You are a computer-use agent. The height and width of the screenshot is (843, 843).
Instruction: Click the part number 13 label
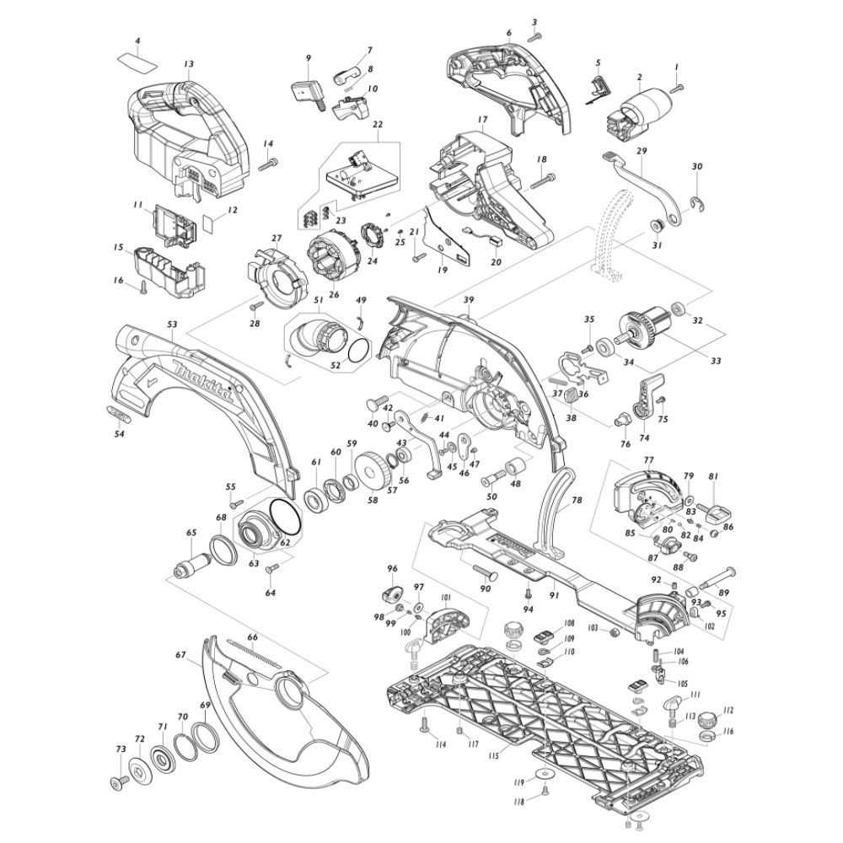[188, 64]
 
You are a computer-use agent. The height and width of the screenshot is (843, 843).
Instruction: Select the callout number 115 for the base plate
[494, 756]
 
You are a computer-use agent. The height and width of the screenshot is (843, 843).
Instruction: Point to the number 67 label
[180, 654]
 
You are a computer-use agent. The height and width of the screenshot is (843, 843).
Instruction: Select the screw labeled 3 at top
[533, 36]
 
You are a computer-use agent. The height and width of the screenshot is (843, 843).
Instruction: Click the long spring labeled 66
[254, 652]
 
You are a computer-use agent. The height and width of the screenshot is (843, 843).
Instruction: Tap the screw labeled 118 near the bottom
[545, 790]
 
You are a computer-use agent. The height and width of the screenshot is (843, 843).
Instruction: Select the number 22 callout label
[377, 125]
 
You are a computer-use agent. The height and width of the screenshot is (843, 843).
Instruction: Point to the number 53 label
[172, 323]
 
